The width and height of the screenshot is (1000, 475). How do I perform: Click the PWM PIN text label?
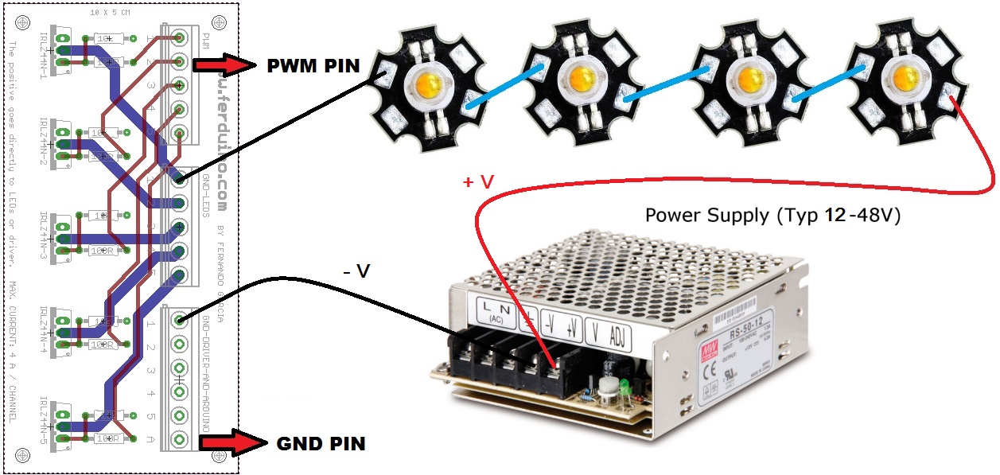coord(312,65)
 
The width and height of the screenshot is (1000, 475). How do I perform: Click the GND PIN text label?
coord(321,442)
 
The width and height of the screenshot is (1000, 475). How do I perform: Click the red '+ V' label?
coord(478,182)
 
